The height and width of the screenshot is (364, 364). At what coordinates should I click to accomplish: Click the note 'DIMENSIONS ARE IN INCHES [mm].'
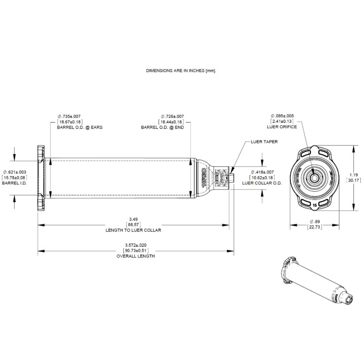[x=181, y=70]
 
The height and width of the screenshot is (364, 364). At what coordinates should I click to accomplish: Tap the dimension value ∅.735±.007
[x=70, y=116]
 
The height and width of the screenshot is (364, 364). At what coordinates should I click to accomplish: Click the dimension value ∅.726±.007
[x=172, y=116]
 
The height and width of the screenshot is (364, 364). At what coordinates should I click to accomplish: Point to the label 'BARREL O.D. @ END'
[x=162, y=127]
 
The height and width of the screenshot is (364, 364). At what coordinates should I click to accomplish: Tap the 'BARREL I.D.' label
[x=15, y=182]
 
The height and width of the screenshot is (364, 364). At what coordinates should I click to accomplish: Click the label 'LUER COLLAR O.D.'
[x=262, y=182]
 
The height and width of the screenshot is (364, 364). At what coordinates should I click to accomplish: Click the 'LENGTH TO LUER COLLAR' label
[x=134, y=230]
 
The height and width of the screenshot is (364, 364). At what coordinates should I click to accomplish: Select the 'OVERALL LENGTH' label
[x=135, y=256]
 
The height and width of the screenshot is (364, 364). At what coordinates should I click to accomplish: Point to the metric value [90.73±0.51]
[x=135, y=251]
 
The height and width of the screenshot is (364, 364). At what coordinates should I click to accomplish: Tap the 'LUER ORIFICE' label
[x=282, y=127]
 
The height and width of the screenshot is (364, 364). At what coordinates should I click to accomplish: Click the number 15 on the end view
[x=315, y=205]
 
